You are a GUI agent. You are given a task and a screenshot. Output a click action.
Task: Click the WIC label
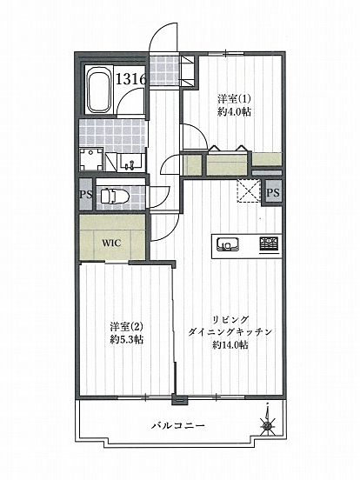coord(111,243)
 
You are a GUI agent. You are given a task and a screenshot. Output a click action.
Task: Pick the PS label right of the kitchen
coord(273,193)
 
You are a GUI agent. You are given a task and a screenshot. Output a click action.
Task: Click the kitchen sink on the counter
coord(228,243)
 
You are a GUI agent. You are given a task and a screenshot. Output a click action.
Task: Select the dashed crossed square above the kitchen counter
coord(249,193)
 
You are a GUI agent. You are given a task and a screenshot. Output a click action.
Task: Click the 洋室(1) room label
coord(230,98)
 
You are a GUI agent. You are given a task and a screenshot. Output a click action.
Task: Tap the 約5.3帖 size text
coord(126,340)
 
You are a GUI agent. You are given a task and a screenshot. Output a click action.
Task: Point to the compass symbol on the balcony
coord(266,425)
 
